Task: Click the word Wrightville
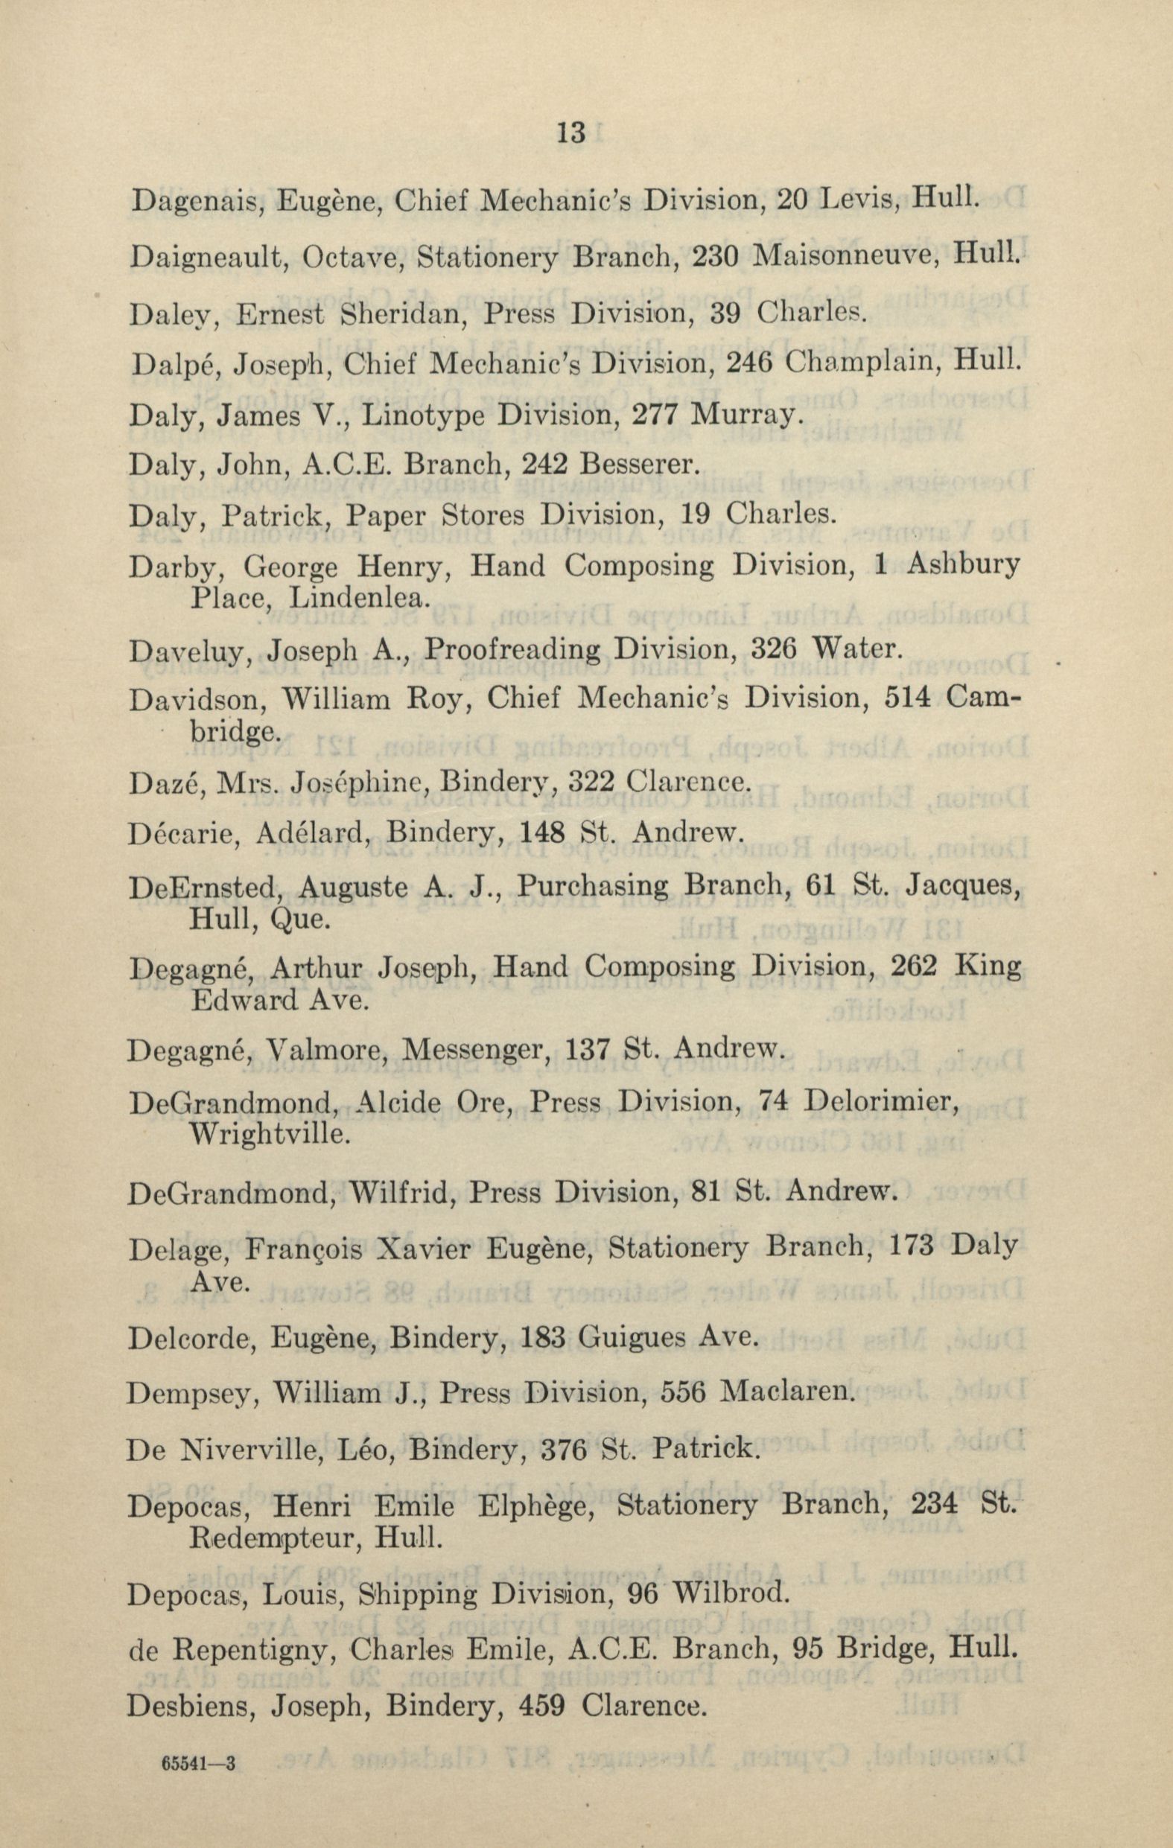[x=270, y=1132]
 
